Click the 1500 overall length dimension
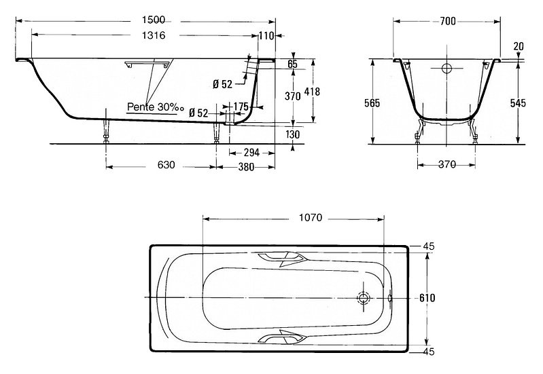point(154,20)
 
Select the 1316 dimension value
point(154,35)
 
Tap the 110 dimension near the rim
point(266,36)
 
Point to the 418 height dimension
point(312,92)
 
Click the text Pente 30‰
point(155,107)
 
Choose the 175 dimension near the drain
point(241,106)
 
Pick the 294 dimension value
point(251,152)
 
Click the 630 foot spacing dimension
point(167,165)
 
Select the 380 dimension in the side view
point(246,167)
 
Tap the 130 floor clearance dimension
point(293,134)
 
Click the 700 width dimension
point(448,22)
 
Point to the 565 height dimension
point(372,102)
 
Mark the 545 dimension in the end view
point(518,102)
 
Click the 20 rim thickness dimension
point(519,46)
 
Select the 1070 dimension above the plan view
point(311,218)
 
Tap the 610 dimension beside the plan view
point(427,297)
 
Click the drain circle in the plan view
point(364,297)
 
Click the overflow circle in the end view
point(446,68)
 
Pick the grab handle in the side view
point(147,64)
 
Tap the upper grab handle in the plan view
point(282,259)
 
